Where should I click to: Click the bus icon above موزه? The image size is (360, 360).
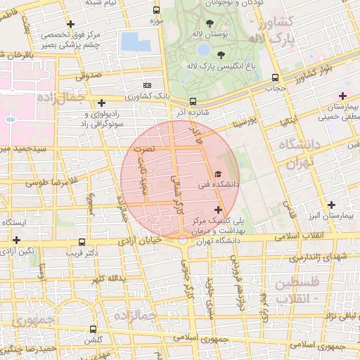click(x=157, y=11)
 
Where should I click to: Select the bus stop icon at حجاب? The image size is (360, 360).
click(x=275, y=79)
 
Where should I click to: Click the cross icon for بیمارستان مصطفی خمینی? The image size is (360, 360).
click(x=342, y=96)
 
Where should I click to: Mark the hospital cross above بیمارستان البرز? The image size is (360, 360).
click(x=331, y=204)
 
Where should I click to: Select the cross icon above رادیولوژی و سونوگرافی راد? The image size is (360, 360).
click(x=102, y=103)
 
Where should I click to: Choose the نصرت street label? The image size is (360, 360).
click(x=145, y=148)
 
